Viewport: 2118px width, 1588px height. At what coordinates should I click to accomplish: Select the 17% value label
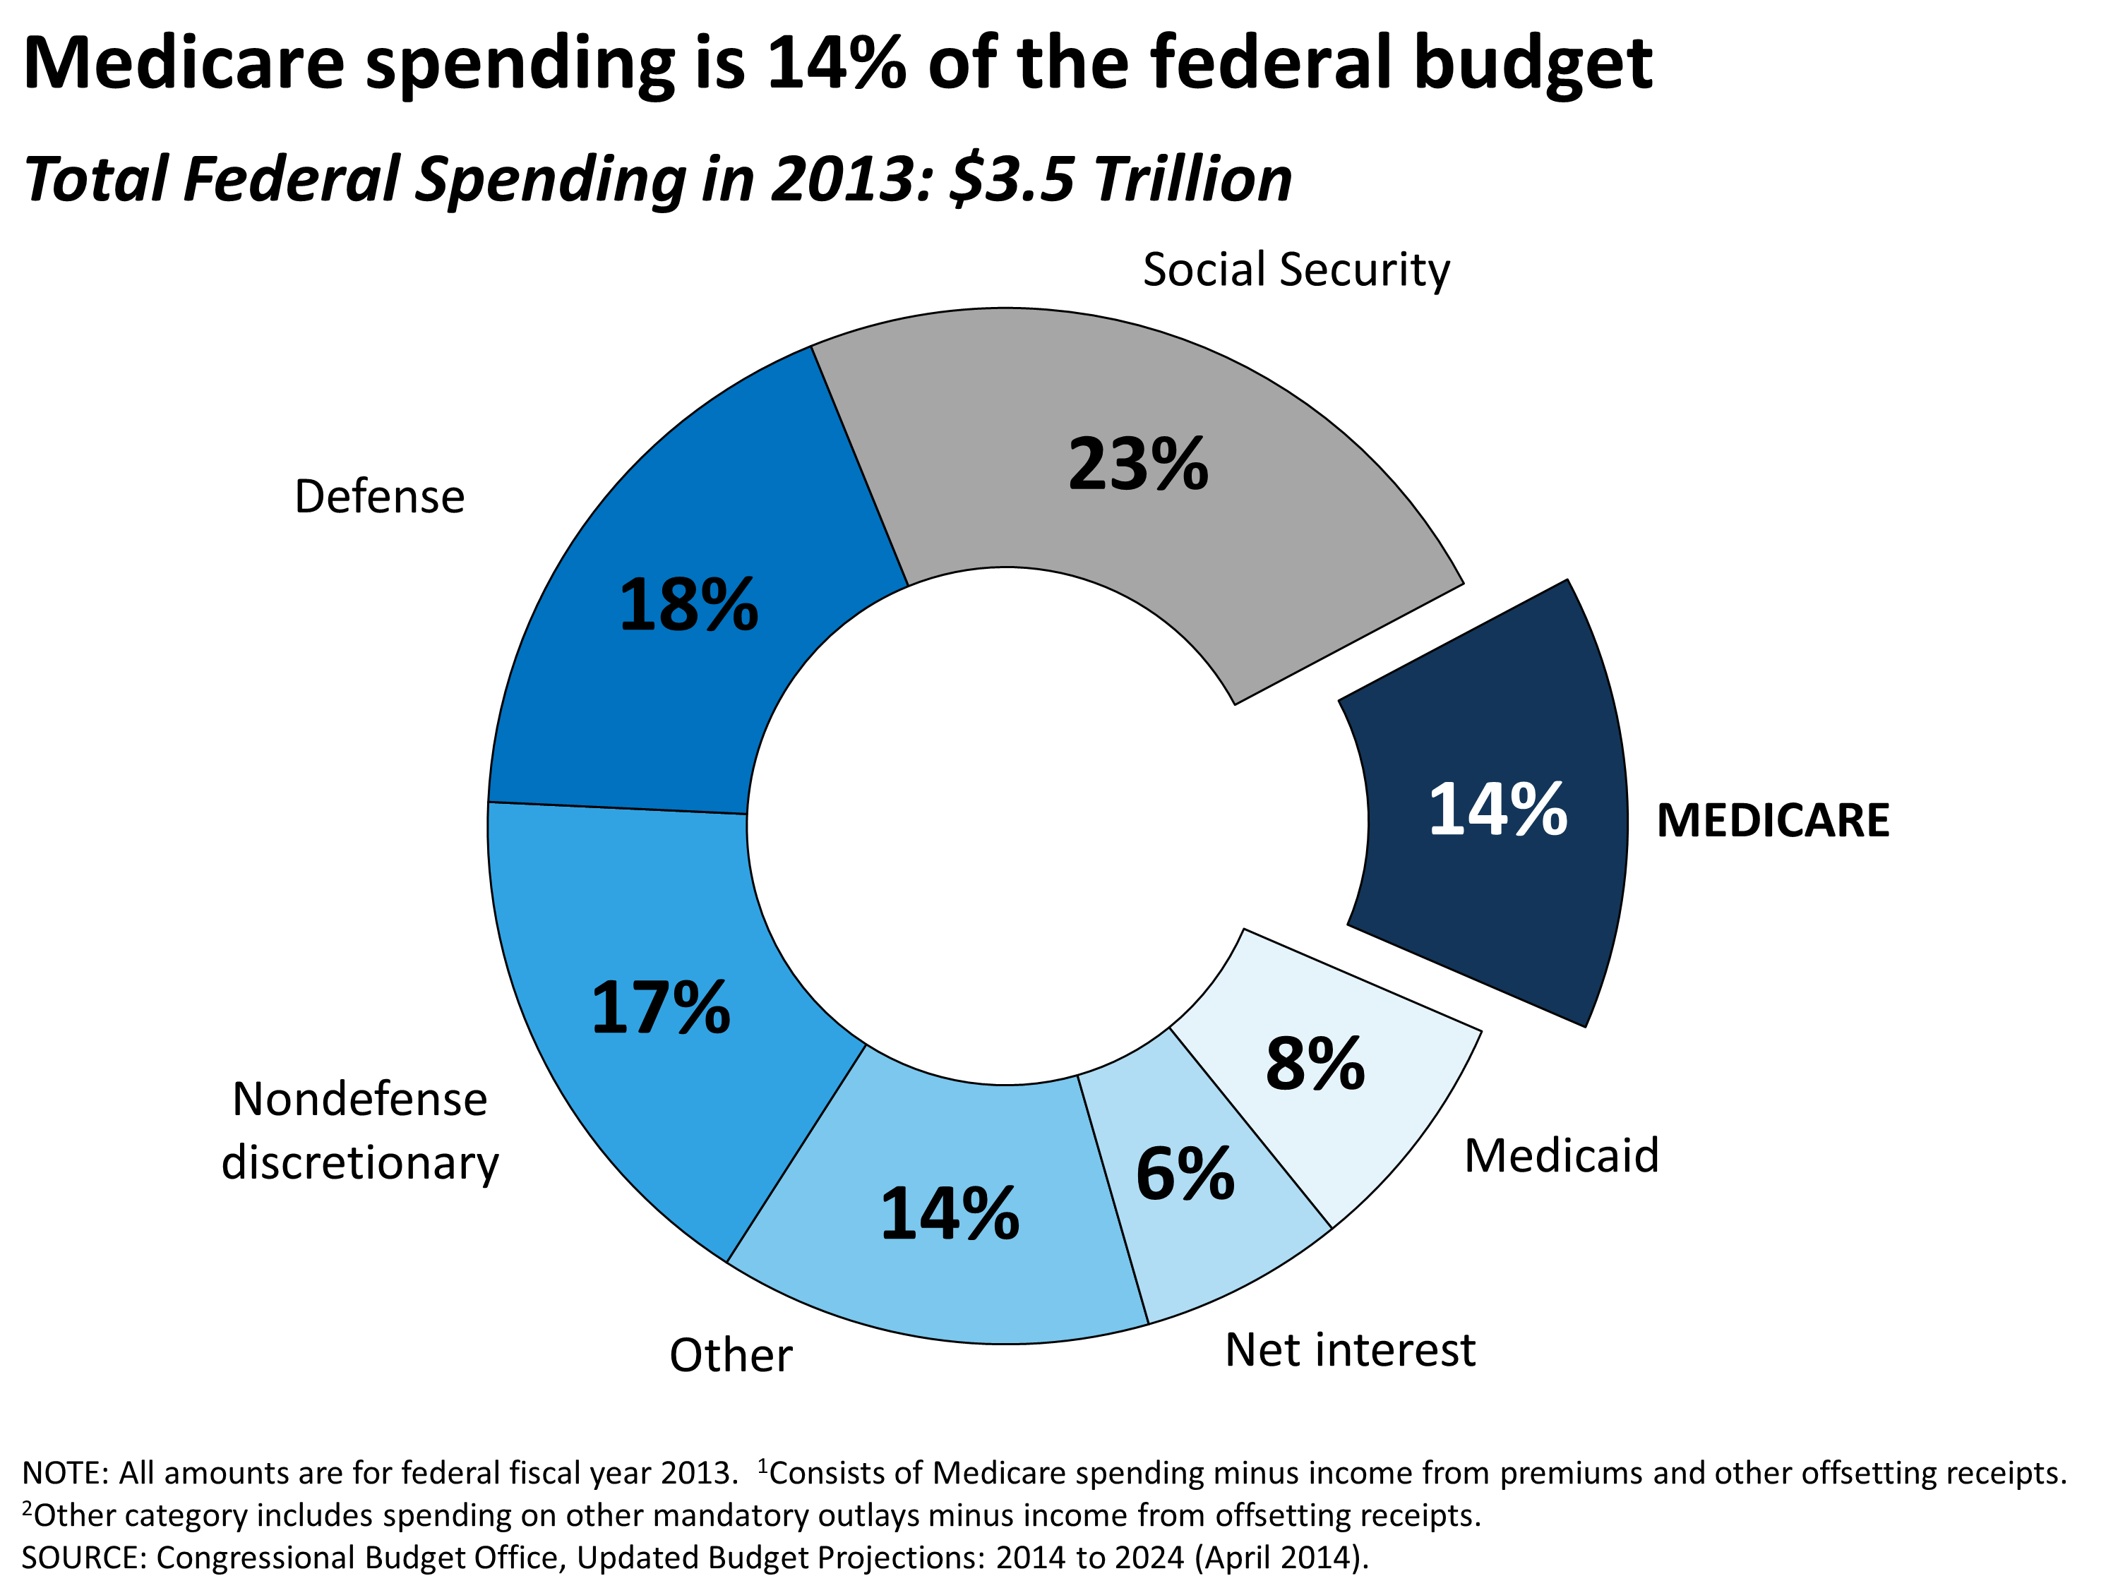coord(661,1009)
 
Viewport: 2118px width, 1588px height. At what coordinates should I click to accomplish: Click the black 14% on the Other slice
coord(950,1215)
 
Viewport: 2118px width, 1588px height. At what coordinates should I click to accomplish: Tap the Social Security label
coord(1296,270)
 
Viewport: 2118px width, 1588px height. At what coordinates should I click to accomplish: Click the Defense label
coord(379,497)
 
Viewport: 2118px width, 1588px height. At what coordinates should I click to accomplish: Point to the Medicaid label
coord(1561,1155)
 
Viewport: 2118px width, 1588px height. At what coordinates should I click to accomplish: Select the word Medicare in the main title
coord(184,64)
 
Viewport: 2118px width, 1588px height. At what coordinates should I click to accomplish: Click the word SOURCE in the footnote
coord(83,1558)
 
